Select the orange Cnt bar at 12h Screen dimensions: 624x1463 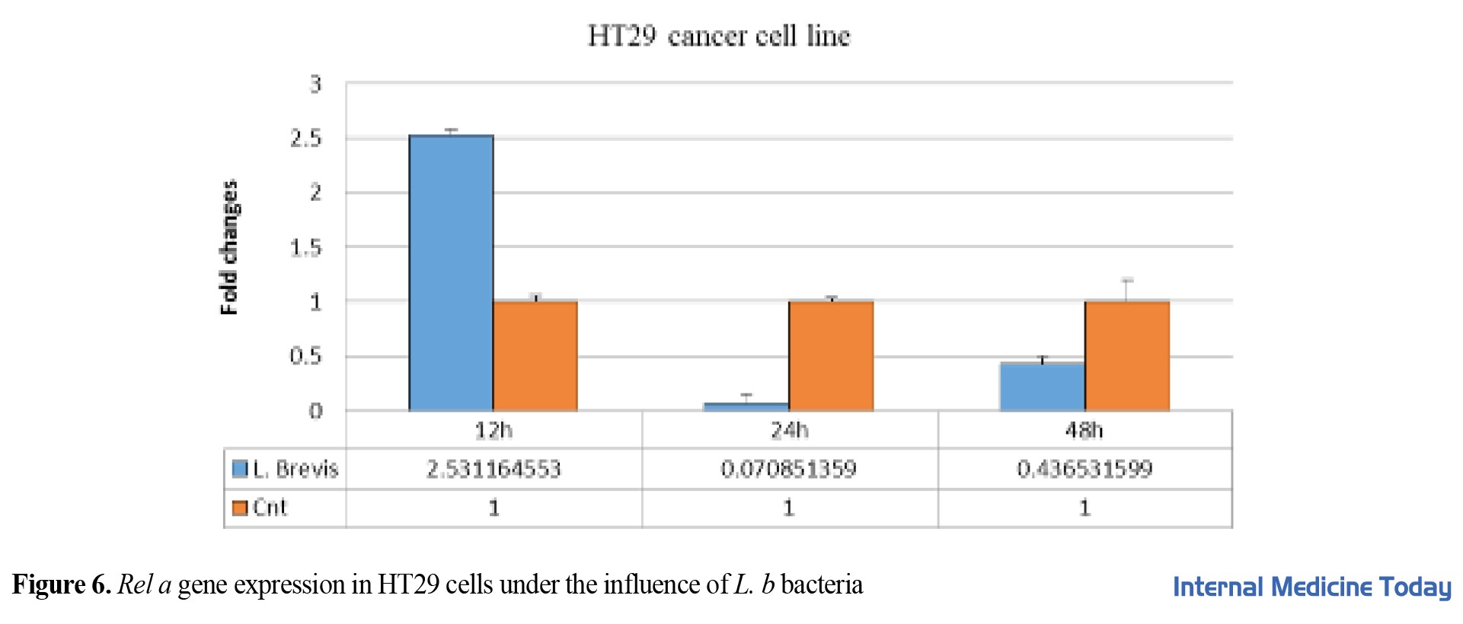[535, 355]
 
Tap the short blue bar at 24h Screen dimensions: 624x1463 [746, 407]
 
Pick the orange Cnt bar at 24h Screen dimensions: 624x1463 [831, 355]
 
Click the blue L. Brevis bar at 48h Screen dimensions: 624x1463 [1042, 387]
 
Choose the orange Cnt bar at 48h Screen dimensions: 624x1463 [1126, 355]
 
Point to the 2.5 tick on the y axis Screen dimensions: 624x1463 [306, 138]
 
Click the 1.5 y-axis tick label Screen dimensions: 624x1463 [306, 247]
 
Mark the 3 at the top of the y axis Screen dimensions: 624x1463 [315, 84]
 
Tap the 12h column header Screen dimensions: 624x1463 [494, 431]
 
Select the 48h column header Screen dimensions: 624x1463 [1084, 431]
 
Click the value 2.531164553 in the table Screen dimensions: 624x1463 [494, 469]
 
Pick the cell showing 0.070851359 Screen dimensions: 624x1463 [788, 469]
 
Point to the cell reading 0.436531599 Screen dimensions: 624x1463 [1084, 469]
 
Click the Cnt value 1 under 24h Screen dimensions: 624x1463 [788, 508]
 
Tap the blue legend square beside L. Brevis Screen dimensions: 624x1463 [240, 470]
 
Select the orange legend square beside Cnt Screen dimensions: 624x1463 [240, 508]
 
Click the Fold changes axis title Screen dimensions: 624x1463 [229, 247]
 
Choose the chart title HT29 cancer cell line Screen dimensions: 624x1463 [719, 36]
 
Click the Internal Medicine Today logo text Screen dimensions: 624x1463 [1311, 587]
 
